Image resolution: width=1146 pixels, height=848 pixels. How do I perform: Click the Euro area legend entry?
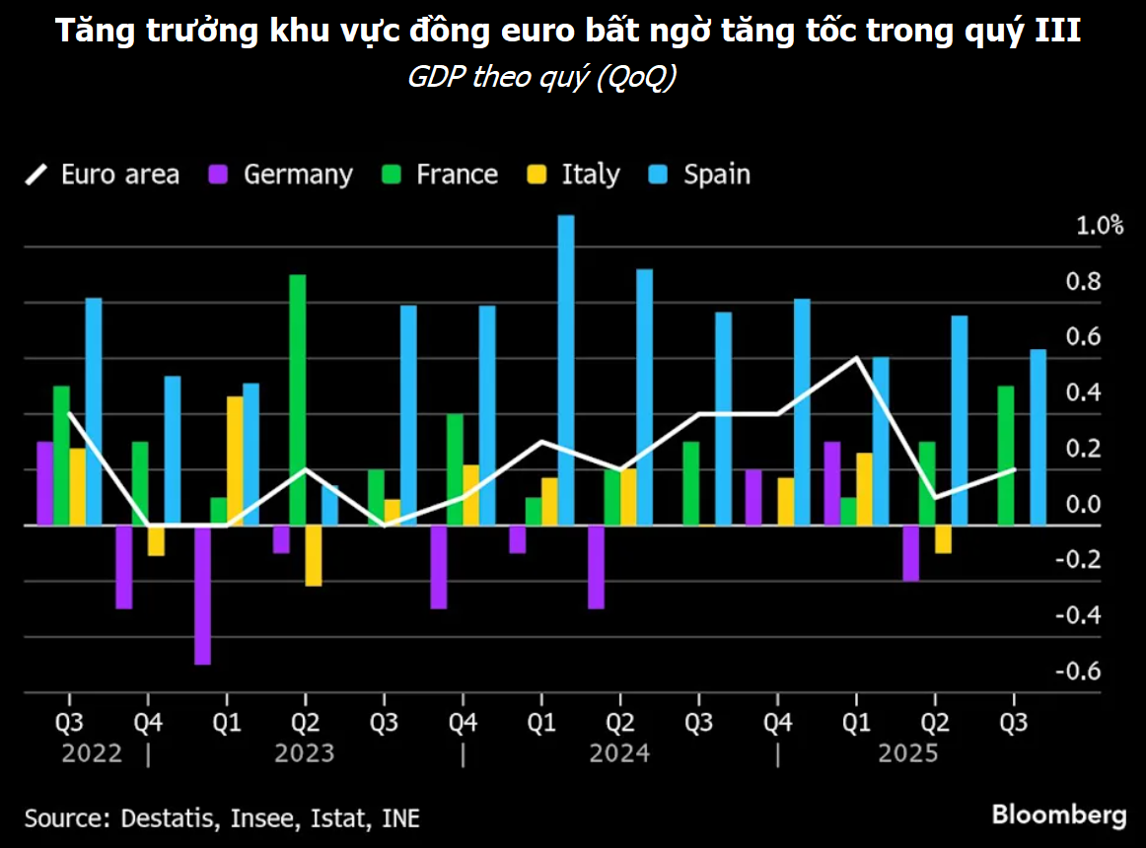103,176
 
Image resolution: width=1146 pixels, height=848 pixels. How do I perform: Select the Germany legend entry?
281,176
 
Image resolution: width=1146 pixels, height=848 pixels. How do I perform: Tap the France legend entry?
440,176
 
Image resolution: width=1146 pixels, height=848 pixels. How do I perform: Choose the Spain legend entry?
700,176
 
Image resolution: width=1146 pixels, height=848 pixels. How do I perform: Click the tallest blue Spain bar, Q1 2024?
565,370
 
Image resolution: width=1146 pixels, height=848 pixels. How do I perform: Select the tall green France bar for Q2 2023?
297,399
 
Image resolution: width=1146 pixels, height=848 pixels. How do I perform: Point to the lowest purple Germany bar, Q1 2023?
202,595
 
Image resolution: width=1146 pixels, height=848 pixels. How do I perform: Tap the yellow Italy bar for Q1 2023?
235,460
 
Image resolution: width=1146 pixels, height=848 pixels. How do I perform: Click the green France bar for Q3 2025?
1006,455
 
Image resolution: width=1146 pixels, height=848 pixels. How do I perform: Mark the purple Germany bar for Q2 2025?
910,552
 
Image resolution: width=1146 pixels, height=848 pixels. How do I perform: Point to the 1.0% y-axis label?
1100,226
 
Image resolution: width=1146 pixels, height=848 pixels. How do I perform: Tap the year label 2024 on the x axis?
619,754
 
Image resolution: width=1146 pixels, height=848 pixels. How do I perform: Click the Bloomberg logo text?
1058,815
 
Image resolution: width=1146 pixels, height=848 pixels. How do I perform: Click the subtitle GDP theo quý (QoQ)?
541,78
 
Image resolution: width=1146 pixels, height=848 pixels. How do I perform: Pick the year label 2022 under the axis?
92,754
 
